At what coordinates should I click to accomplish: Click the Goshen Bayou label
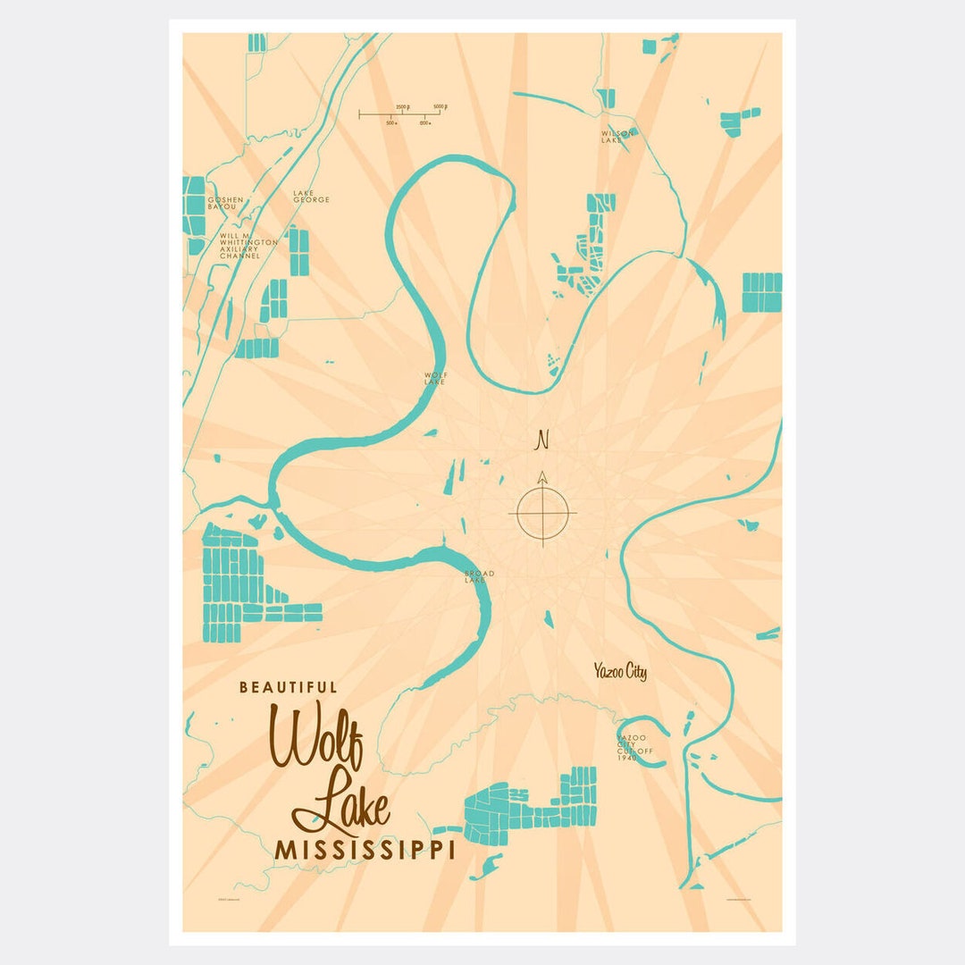[x=222, y=204]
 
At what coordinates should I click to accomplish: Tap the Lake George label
[x=311, y=197]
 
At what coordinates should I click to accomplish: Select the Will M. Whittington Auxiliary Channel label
[x=239, y=246]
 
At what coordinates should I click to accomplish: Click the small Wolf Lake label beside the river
[x=434, y=379]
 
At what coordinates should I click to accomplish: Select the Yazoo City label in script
[x=620, y=672]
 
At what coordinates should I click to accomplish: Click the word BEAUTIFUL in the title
[x=289, y=688]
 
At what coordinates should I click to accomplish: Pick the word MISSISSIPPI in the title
[x=365, y=850]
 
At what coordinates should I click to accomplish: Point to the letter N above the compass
[x=541, y=440]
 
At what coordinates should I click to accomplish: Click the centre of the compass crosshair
[x=542, y=513]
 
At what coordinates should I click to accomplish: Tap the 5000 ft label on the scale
[x=439, y=106]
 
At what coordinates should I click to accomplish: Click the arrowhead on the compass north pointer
[x=541, y=476]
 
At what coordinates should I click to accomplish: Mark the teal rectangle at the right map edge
[x=762, y=292]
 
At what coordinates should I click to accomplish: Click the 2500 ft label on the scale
[x=402, y=106]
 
